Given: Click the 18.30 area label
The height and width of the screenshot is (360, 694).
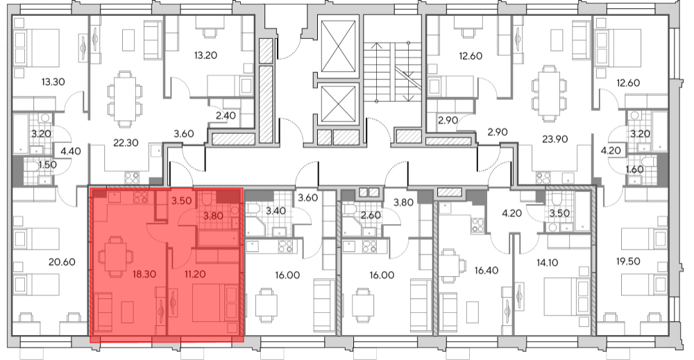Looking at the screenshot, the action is tap(144, 274).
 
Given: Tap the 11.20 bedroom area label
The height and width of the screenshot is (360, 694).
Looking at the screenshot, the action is tap(195, 274).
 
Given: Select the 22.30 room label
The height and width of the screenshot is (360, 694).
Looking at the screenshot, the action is tap(126, 143).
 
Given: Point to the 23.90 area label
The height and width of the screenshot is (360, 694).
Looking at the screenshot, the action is tap(555, 139).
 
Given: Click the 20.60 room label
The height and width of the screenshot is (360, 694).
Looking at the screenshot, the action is tap(62, 262).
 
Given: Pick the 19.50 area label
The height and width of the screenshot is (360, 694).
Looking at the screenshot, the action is tap(628, 262).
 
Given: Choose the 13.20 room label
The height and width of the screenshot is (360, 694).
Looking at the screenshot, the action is tap(205, 55).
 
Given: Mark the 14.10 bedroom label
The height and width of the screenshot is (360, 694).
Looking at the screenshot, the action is tap(547, 263).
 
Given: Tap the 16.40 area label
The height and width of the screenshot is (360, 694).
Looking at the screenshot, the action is tap(486, 271).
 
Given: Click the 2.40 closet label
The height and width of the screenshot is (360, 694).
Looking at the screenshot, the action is tap(226, 115).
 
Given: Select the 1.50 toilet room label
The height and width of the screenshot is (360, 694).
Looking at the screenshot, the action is tap(47, 165).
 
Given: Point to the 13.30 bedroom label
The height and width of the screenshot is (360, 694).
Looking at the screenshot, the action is tap(53, 82).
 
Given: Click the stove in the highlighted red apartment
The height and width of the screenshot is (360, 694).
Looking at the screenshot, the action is tap(141, 197).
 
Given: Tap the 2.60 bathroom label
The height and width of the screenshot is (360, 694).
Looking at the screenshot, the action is tap(371, 216).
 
